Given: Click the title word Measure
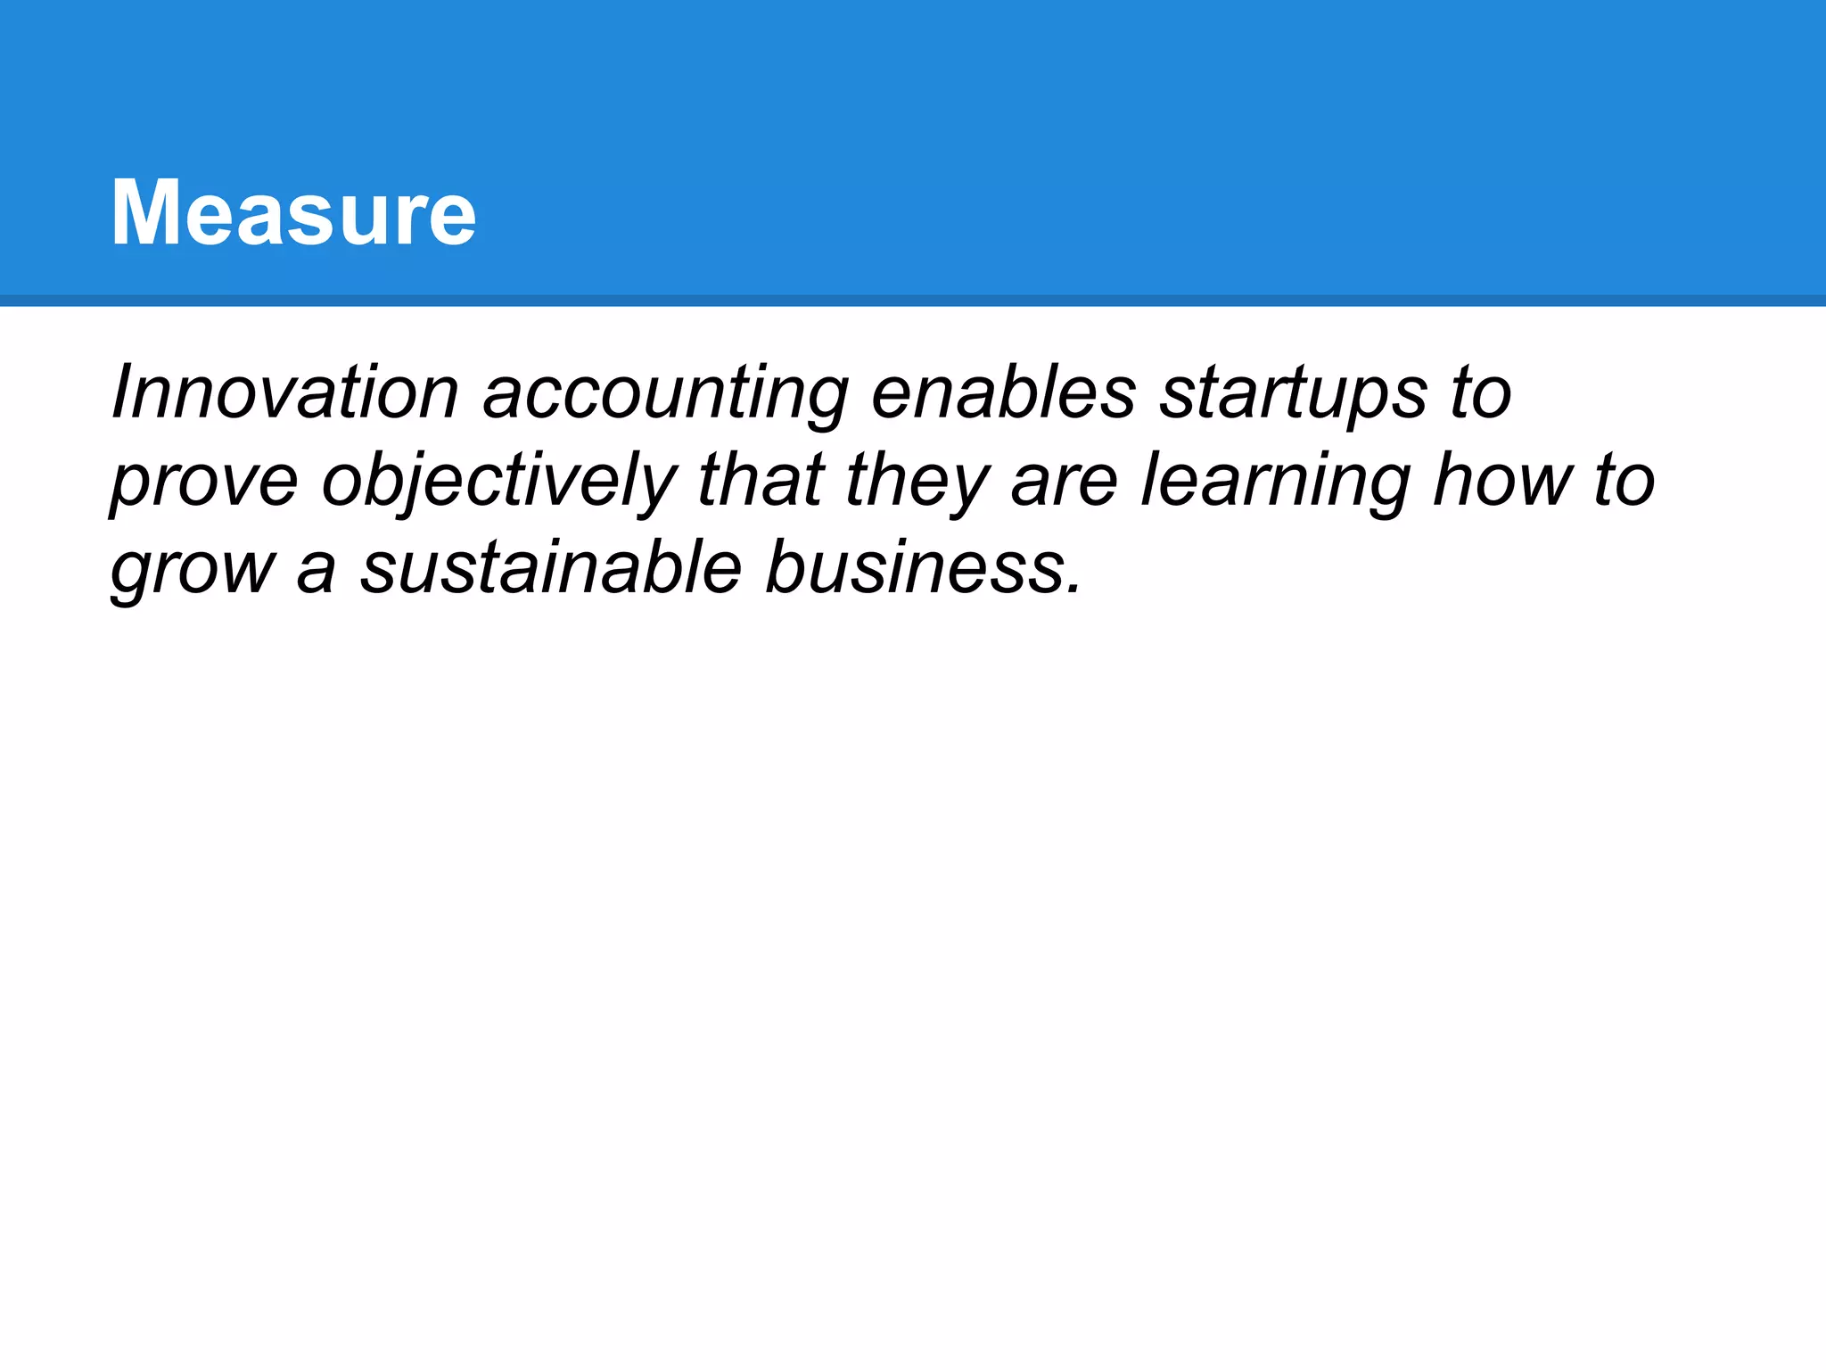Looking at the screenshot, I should (x=293, y=213).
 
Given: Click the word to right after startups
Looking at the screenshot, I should (x=1480, y=394).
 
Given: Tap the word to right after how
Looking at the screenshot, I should (x=1624, y=482).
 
